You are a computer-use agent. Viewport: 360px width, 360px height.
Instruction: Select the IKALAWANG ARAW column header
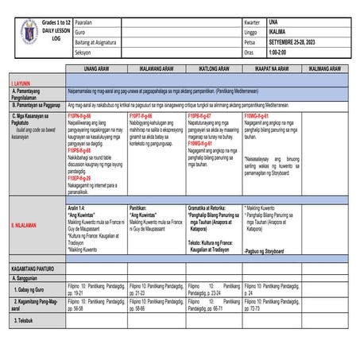(x=157, y=69)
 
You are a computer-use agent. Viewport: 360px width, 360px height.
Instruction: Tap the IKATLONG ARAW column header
(x=215, y=69)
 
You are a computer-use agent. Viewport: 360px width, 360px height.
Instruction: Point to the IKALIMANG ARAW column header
(x=325, y=69)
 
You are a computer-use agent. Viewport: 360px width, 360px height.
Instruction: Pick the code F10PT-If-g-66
(x=145, y=116)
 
